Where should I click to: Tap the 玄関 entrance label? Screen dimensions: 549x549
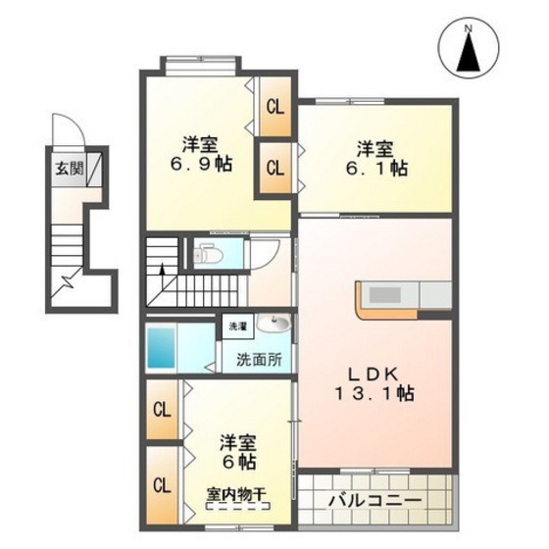click(x=70, y=170)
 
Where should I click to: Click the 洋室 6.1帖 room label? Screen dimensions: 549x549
click(x=376, y=158)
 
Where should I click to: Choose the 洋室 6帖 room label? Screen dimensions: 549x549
click(x=237, y=452)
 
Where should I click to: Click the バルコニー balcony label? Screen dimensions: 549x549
click(x=374, y=501)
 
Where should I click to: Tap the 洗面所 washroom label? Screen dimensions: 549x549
click(x=259, y=360)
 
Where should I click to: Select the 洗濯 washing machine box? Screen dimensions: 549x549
click(x=238, y=326)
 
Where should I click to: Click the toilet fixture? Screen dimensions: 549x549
click(x=208, y=255)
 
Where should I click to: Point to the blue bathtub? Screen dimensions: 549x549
click(x=161, y=348)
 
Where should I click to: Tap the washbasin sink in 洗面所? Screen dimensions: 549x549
click(x=274, y=323)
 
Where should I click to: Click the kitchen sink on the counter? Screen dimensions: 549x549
click(x=385, y=295)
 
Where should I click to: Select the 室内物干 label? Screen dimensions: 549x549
click(x=236, y=495)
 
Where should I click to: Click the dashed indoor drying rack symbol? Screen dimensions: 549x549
click(x=238, y=506)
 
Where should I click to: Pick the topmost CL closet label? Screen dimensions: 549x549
click(x=274, y=107)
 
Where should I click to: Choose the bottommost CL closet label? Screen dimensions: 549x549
click(x=162, y=485)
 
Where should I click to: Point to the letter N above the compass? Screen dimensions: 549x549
click(x=469, y=29)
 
